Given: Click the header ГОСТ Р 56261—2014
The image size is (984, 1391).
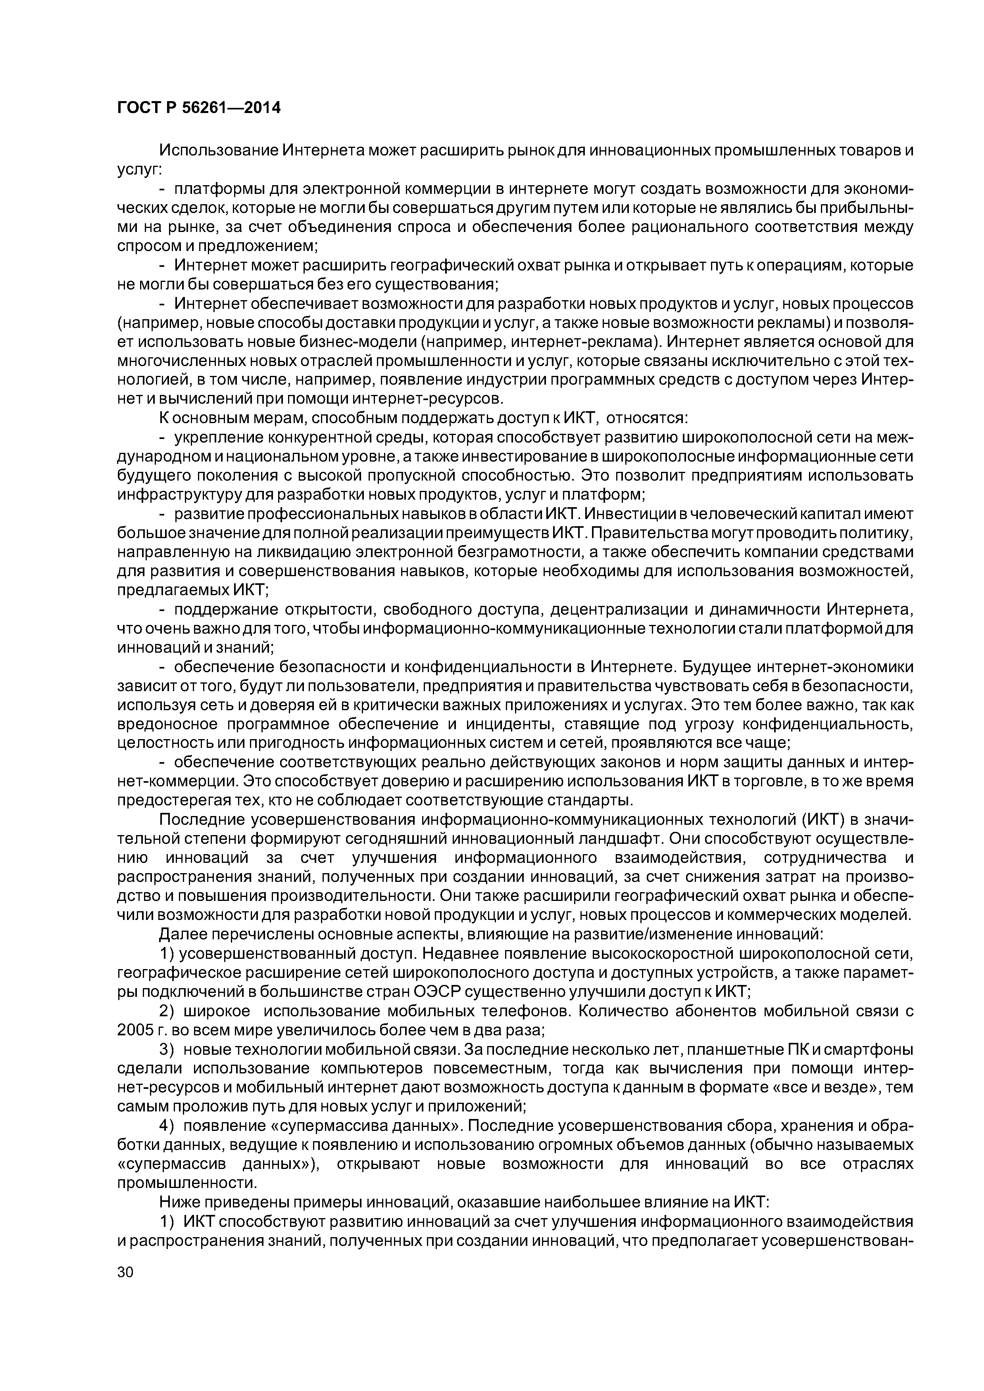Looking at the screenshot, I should [x=198, y=108].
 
